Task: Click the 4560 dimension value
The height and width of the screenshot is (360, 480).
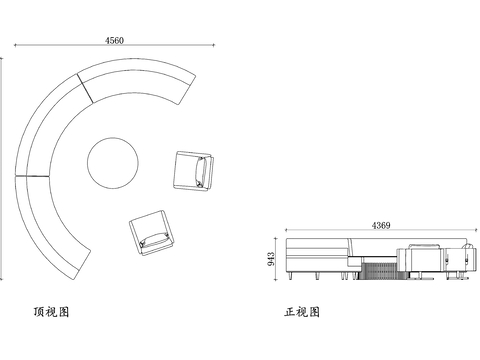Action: point(114,40)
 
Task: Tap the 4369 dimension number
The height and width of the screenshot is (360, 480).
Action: point(381,225)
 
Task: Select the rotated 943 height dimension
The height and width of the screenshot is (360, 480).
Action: point(271,259)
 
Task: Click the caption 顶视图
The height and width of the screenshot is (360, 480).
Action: point(51,312)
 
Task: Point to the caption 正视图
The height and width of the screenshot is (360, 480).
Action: point(302,312)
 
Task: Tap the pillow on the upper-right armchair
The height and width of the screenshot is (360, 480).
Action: point(201,172)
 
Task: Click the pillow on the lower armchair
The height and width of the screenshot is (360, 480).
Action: point(154,240)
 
